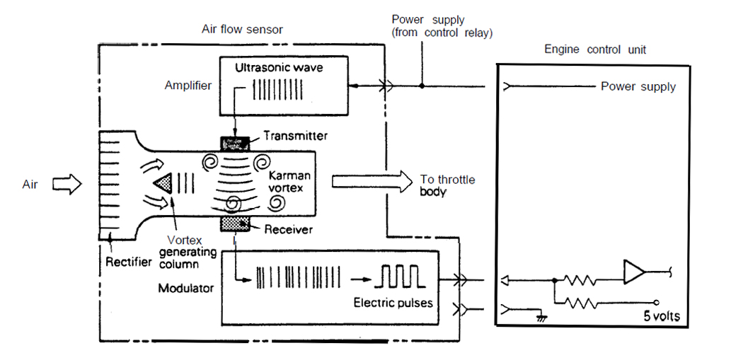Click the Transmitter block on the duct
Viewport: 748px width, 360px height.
[x=236, y=144]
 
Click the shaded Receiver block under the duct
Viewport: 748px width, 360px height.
[x=236, y=224]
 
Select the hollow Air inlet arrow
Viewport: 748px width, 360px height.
[x=67, y=185]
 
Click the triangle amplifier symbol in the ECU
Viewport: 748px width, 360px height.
[x=634, y=272]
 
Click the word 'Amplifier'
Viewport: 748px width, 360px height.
[x=188, y=85]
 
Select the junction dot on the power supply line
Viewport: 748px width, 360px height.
[x=422, y=86]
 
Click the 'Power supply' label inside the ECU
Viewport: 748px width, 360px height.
[x=638, y=87]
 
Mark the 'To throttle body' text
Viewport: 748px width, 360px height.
[x=447, y=185]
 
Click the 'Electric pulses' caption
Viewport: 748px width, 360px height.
[x=392, y=303]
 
